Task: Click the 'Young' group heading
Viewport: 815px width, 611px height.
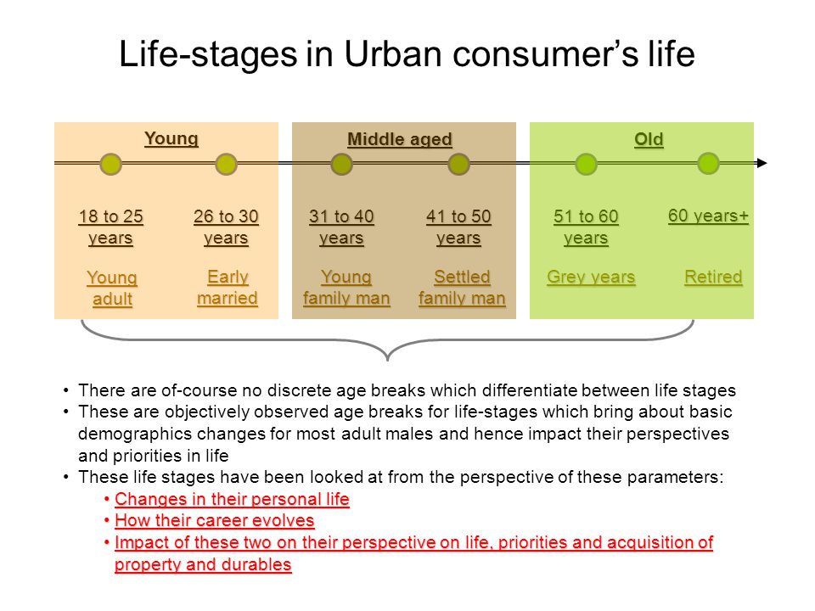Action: point(171,138)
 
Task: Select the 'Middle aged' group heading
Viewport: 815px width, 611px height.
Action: point(400,139)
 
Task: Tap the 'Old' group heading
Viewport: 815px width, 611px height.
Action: point(649,139)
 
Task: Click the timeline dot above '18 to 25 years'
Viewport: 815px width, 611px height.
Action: point(110,164)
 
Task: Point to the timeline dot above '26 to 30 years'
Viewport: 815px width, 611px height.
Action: point(226,164)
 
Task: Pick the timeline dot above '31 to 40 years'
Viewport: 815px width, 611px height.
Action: point(341,164)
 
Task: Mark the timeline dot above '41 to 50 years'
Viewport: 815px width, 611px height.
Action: point(458,164)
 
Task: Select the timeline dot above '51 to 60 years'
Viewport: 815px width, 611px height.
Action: point(586,164)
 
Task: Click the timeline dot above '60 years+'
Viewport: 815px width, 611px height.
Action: point(708,164)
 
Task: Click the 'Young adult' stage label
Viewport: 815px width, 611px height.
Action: point(112,288)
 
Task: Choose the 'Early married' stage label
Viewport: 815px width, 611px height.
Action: point(228,288)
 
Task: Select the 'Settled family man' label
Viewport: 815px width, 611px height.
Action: point(462,288)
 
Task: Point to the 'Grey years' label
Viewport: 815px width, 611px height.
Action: point(591,277)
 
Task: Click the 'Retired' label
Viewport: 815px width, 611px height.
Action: point(713,277)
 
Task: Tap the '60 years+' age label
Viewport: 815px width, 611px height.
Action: point(708,216)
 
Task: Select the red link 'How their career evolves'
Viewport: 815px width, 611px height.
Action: point(215,520)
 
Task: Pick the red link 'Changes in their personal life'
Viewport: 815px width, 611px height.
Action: point(232,499)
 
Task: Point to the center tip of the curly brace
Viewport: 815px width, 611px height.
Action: point(388,360)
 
